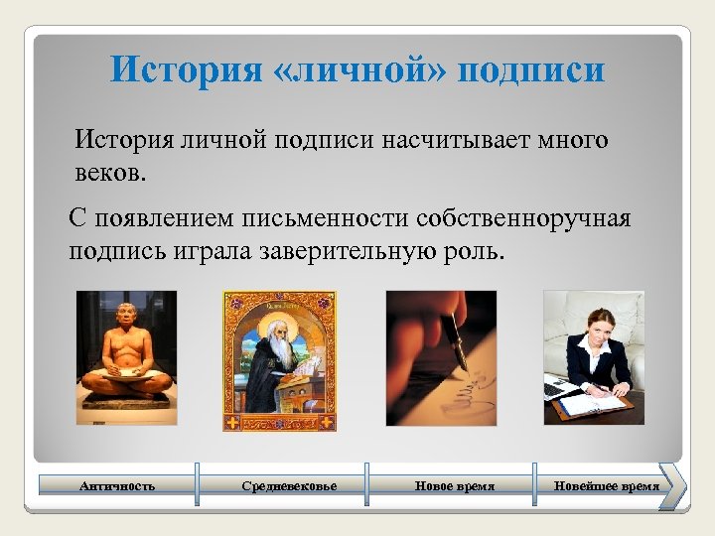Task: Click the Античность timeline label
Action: (x=117, y=485)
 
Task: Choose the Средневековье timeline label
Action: (x=289, y=485)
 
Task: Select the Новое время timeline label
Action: (x=455, y=485)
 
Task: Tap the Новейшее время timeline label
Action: (x=607, y=485)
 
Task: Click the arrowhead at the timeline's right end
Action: (x=672, y=485)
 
